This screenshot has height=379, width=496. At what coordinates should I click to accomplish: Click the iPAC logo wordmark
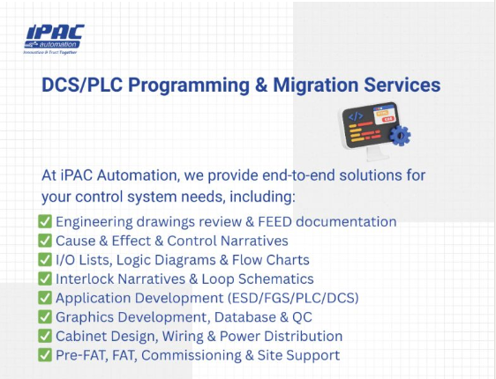[x=55, y=33]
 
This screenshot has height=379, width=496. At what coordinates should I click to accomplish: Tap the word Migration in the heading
[x=315, y=85]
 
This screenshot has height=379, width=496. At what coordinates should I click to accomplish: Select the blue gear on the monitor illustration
[x=400, y=136]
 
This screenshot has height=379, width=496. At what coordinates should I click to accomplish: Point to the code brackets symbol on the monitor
[x=356, y=116]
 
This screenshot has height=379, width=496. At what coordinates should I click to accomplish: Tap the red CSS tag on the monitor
[x=387, y=119]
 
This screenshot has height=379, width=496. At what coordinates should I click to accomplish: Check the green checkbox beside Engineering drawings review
[x=45, y=221]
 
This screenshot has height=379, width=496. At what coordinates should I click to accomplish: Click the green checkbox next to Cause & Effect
[x=45, y=241]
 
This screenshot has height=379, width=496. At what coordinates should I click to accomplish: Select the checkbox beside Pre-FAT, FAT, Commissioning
[x=45, y=354]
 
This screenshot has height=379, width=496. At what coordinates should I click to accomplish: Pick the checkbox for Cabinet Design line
[x=45, y=336]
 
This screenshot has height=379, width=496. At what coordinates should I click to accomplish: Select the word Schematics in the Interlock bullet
[x=276, y=279]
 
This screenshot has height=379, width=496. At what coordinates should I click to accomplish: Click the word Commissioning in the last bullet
[x=192, y=355]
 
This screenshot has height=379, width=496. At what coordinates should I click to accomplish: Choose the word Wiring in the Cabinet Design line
[x=183, y=337]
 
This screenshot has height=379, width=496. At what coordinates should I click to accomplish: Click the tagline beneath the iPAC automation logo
[x=50, y=52]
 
